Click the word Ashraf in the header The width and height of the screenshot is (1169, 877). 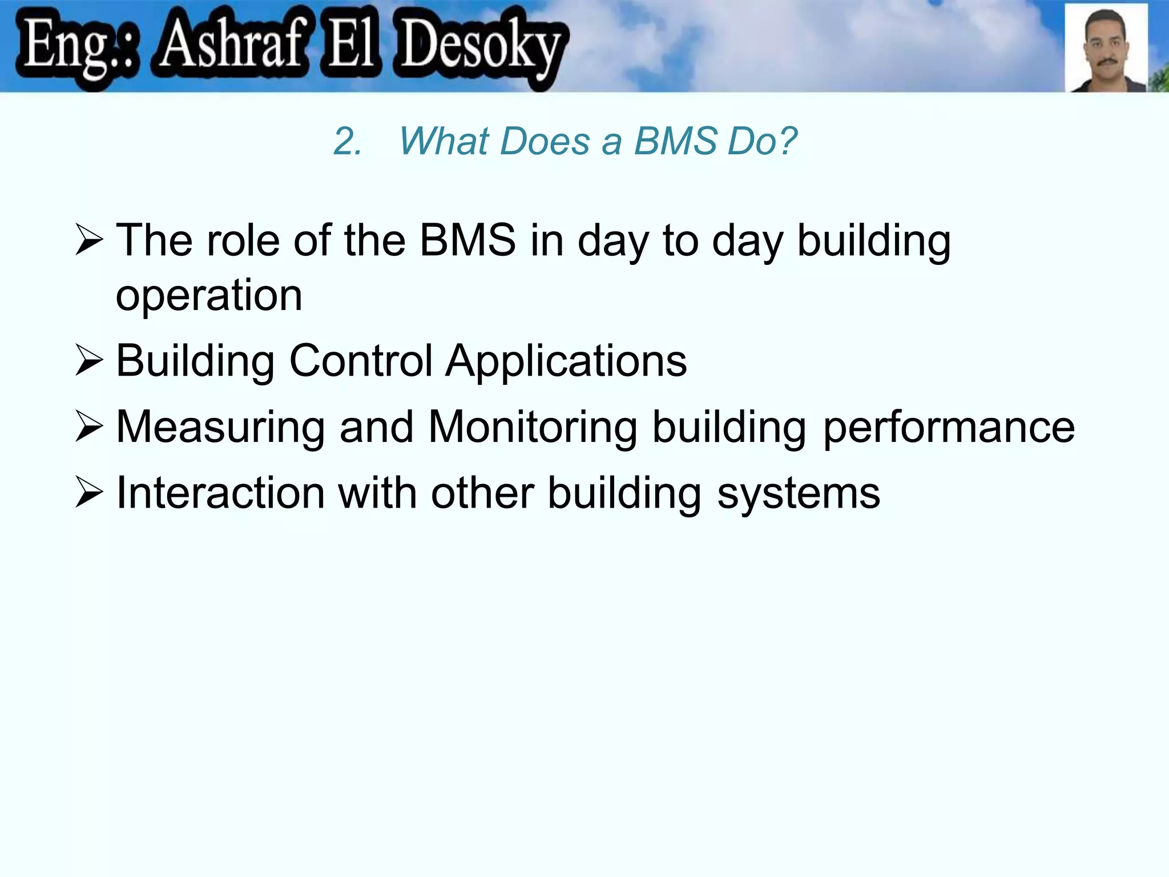point(231,46)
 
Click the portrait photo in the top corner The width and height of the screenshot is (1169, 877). point(1106,48)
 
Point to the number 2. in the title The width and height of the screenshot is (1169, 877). point(347,141)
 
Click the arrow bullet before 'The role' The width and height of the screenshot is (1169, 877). point(89,240)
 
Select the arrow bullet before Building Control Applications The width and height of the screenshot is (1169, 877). point(89,361)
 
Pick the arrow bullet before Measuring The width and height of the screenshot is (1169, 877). point(89,428)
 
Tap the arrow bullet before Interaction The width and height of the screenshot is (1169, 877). point(89,493)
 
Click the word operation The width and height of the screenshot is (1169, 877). point(209,296)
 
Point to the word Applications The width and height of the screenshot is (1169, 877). point(566,361)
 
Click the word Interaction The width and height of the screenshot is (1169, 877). point(220,493)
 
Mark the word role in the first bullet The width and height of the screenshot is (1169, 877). point(242,240)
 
